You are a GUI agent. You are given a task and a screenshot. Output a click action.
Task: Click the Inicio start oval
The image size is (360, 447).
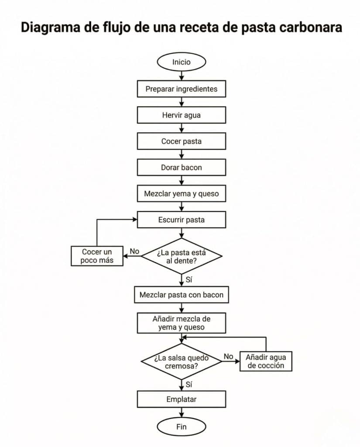181,62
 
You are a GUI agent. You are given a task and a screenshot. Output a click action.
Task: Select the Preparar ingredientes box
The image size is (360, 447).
181,89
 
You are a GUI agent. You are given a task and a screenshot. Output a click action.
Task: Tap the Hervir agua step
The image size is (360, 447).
181,115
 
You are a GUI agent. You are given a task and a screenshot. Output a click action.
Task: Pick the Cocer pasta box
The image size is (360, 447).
181,141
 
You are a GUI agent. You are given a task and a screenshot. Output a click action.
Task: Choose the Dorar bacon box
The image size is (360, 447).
181,167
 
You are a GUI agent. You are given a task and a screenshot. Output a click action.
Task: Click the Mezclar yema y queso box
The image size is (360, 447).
181,193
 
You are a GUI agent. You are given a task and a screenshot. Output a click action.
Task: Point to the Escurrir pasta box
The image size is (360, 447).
181,220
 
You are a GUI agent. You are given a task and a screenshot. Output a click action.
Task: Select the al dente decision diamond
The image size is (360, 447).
182,256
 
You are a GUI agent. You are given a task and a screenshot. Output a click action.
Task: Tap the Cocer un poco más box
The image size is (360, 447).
97,256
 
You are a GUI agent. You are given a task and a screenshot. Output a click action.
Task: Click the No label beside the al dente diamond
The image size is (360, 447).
134,251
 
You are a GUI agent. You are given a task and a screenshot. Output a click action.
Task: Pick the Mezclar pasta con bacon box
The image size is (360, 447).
181,295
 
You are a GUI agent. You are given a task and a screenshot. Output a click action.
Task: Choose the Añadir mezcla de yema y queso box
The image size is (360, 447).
181,323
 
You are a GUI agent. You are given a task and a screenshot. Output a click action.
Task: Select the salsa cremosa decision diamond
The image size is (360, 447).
182,361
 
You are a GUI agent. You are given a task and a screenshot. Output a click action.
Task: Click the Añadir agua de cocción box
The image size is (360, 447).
266,361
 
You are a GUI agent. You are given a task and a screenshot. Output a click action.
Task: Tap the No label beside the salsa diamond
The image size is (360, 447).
228,356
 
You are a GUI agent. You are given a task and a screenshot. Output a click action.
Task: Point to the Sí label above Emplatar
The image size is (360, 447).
189,385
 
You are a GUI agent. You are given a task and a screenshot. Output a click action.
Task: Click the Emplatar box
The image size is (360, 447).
181,399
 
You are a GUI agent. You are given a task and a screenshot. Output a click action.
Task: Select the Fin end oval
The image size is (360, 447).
181,426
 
